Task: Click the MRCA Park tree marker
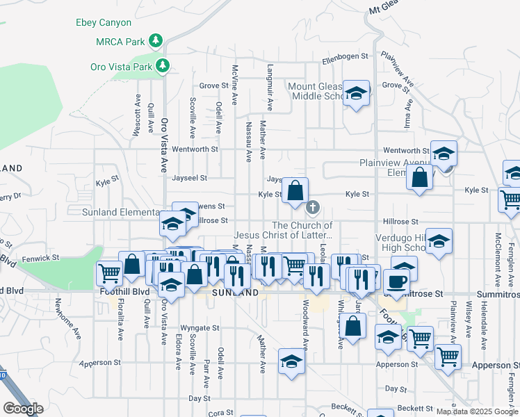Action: tap(157, 41)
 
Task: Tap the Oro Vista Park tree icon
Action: tap(163, 66)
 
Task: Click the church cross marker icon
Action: tap(313, 206)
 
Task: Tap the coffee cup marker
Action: tap(396, 281)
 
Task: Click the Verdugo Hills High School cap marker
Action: tap(439, 241)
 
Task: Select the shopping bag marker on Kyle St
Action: tap(295, 190)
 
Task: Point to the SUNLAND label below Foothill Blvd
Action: tap(235, 293)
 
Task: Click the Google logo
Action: tap(23, 409)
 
